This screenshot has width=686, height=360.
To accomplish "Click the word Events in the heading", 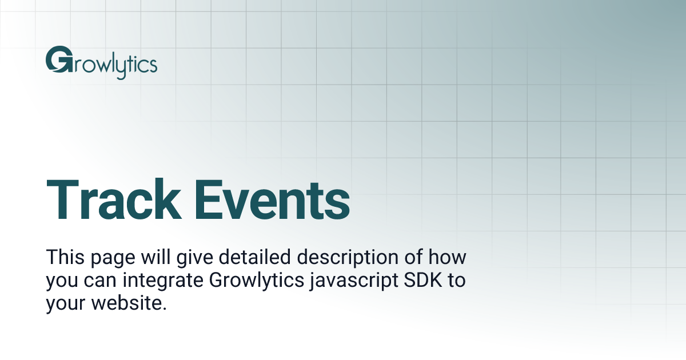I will [271, 200].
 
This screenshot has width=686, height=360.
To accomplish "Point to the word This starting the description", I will [65, 257].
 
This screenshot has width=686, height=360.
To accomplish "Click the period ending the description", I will [165, 309].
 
